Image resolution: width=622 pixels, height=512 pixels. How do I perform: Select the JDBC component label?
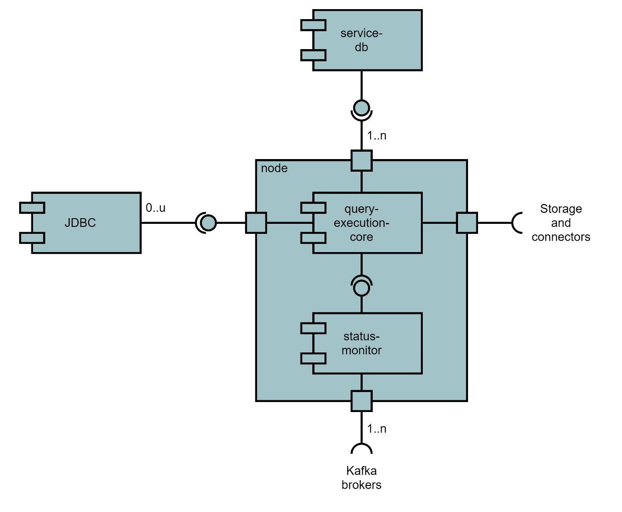pyautogui.click(x=80, y=223)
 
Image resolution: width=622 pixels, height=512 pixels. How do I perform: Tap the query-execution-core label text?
pyautogui.click(x=361, y=223)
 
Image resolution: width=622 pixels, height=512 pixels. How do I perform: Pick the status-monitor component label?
pyautogui.click(x=361, y=343)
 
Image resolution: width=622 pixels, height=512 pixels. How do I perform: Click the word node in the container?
pyautogui.click(x=274, y=168)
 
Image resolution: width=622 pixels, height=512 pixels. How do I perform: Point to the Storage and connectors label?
pyautogui.click(x=561, y=223)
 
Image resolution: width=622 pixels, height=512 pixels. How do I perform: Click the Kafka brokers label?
pyautogui.click(x=361, y=478)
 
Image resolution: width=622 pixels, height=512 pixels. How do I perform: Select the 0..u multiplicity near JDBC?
pyautogui.click(x=155, y=208)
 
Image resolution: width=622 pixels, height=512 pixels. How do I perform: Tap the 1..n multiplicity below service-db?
pyautogui.click(x=376, y=136)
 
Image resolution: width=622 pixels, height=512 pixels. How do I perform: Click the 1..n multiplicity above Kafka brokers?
pyautogui.click(x=376, y=429)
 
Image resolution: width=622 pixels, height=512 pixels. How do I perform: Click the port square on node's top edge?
pyautogui.click(x=361, y=161)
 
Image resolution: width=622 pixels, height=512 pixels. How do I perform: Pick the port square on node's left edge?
pyautogui.click(x=256, y=223)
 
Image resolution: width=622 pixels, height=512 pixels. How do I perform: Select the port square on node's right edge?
pyautogui.click(x=467, y=223)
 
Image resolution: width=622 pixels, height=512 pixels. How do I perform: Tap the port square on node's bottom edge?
pyautogui.click(x=361, y=401)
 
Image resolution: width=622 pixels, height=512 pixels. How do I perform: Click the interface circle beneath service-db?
pyautogui.click(x=361, y=107)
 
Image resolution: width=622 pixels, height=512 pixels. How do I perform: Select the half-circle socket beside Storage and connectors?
pyautogui.click(x=517, y=223)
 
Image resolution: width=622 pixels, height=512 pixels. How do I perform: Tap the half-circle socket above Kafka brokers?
pyautogui.click(x=361, y=449)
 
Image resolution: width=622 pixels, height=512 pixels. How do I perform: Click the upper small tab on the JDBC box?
pyautogui.click(x=32, y=208)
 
